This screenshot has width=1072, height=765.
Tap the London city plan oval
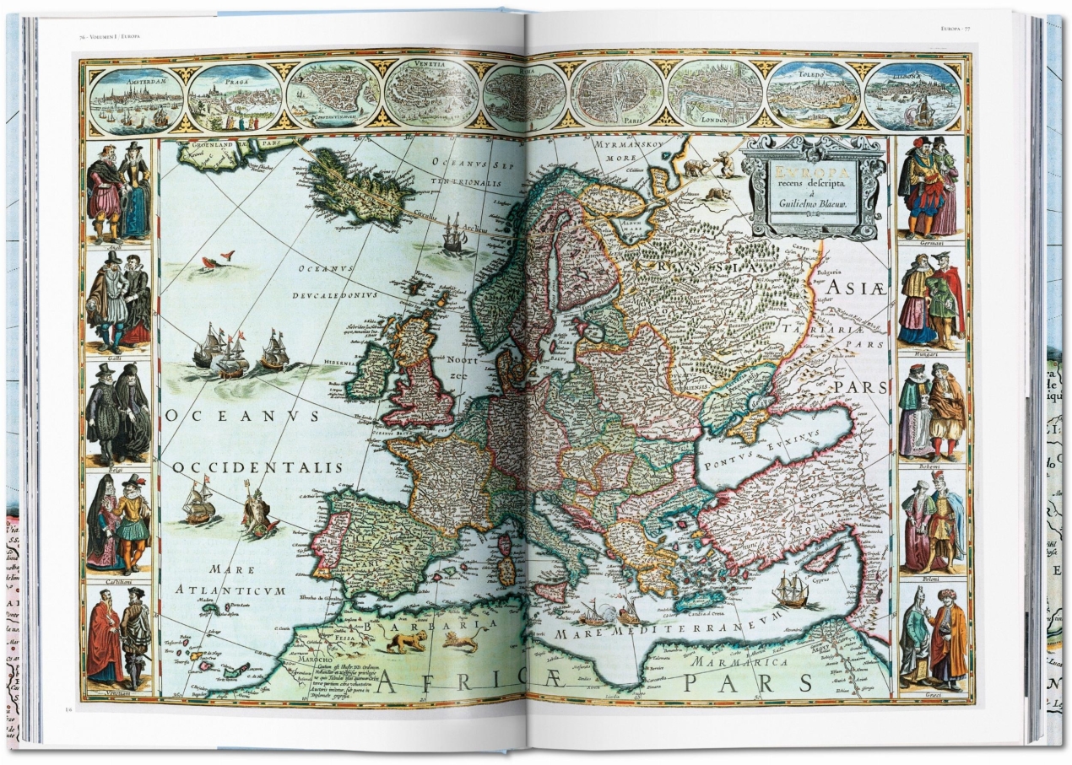(715, 94)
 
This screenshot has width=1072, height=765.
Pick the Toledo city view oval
(813, 95)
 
